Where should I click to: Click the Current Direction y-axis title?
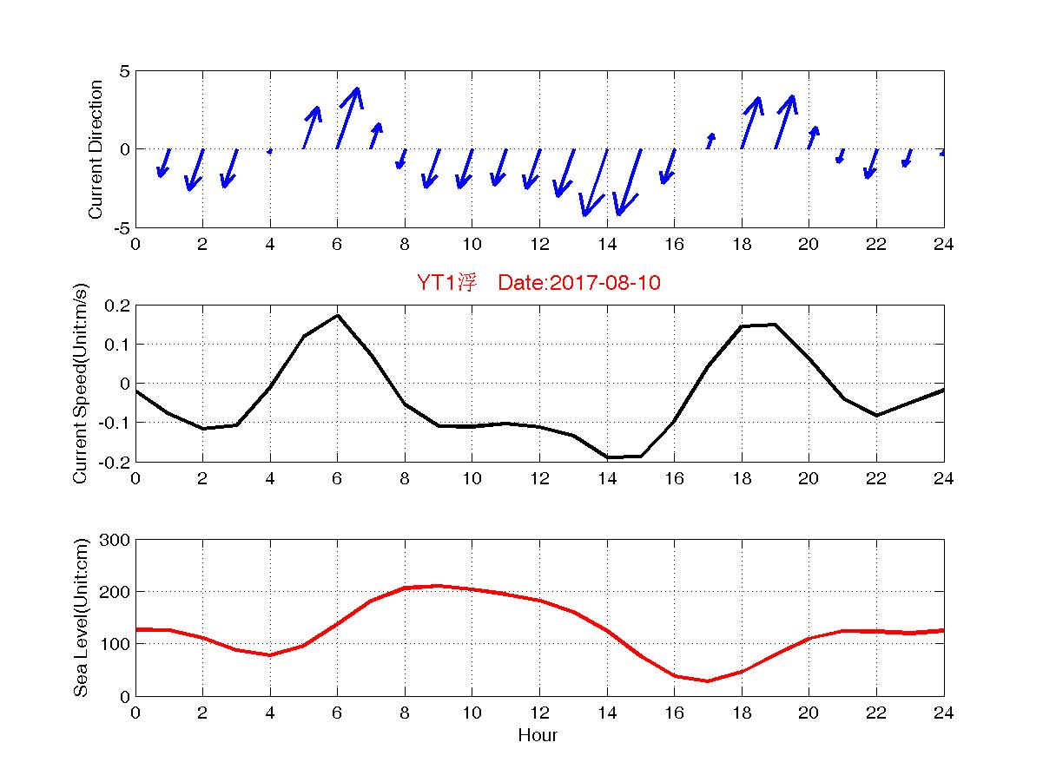point(96,149)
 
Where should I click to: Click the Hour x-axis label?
point(538,736)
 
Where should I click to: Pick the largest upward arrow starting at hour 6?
point(347,118)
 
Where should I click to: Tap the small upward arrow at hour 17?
point(710,141)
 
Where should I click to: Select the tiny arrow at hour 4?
point(270,151)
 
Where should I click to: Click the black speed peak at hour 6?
point(337,315)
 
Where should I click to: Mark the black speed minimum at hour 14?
point(608,457)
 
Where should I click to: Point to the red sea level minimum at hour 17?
point(708,680)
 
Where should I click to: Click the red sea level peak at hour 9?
point(439,586)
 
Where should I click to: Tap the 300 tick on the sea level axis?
point(116,540)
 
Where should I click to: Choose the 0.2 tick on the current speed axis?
point(116,306)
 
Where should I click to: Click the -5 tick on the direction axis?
point(121,227)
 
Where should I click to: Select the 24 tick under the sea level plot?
point(943,713)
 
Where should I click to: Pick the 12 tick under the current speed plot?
point(538,479)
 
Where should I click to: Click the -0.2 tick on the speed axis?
point(114,462)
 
